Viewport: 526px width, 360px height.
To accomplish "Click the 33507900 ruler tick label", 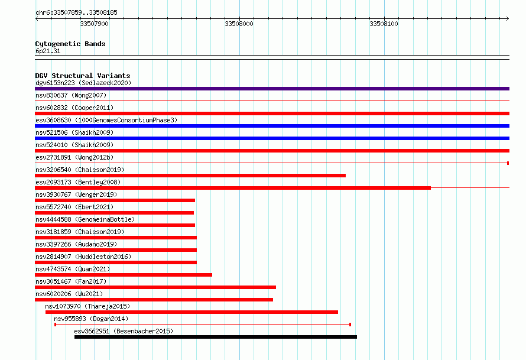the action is [x=94, y=24].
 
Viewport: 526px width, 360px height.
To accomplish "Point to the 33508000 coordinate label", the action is [x=239, y=24].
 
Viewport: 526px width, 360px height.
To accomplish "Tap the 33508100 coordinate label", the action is [x=384, y=24].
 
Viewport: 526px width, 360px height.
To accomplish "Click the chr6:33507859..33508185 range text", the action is [x=76, y=13].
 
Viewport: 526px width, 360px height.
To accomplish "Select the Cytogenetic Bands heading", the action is [x=70, y=44].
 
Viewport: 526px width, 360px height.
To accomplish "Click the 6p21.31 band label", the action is [x=48, y=51].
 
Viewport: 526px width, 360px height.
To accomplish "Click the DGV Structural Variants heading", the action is [x=83, y=76].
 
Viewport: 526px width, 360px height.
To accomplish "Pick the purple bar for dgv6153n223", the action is [x=272, y=89].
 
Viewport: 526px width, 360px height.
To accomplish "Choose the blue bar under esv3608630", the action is [x=272, y=126].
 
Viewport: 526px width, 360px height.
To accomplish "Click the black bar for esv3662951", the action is [x=216, y=337].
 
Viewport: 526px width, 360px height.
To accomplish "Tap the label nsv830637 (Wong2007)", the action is [x=71, y=95].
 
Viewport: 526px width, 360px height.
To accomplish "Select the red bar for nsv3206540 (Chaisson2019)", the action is [x=190, y=176].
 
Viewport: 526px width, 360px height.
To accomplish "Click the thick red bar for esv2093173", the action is [x=233, y=188].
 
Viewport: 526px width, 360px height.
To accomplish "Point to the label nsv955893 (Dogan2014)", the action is [x=91, y=319].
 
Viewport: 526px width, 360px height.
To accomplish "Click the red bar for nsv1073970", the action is [x=191, y=312].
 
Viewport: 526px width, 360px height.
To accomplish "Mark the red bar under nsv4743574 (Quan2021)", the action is [x=124, y=275].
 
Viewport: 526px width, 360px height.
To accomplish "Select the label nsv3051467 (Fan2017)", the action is [x=71, y=281].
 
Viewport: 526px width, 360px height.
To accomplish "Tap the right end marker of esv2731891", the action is [x=508, y=163].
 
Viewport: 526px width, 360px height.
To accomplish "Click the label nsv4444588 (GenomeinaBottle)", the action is [x=85, y=219].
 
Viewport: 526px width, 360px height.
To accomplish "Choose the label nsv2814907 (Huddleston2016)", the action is [x=83, y=257].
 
